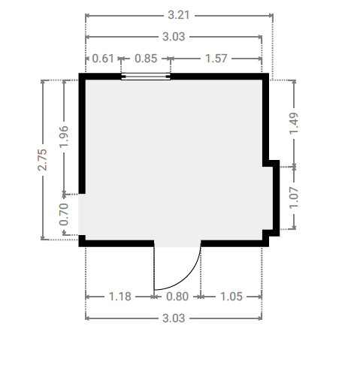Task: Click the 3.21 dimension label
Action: [x=178, y=15]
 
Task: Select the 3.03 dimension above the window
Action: [x=174, y=37]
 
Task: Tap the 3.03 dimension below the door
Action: [x=174, y=318]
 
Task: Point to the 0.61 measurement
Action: [x=103, y=59]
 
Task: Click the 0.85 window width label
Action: [x=146, y=59]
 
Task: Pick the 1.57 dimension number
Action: [x=216, y=59]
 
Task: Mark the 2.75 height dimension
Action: [x=42, y=160]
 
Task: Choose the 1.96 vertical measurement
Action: [x=64, y=137]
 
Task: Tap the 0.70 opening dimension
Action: [x=64, y=214]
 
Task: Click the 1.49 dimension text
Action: [x=294, y=124]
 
